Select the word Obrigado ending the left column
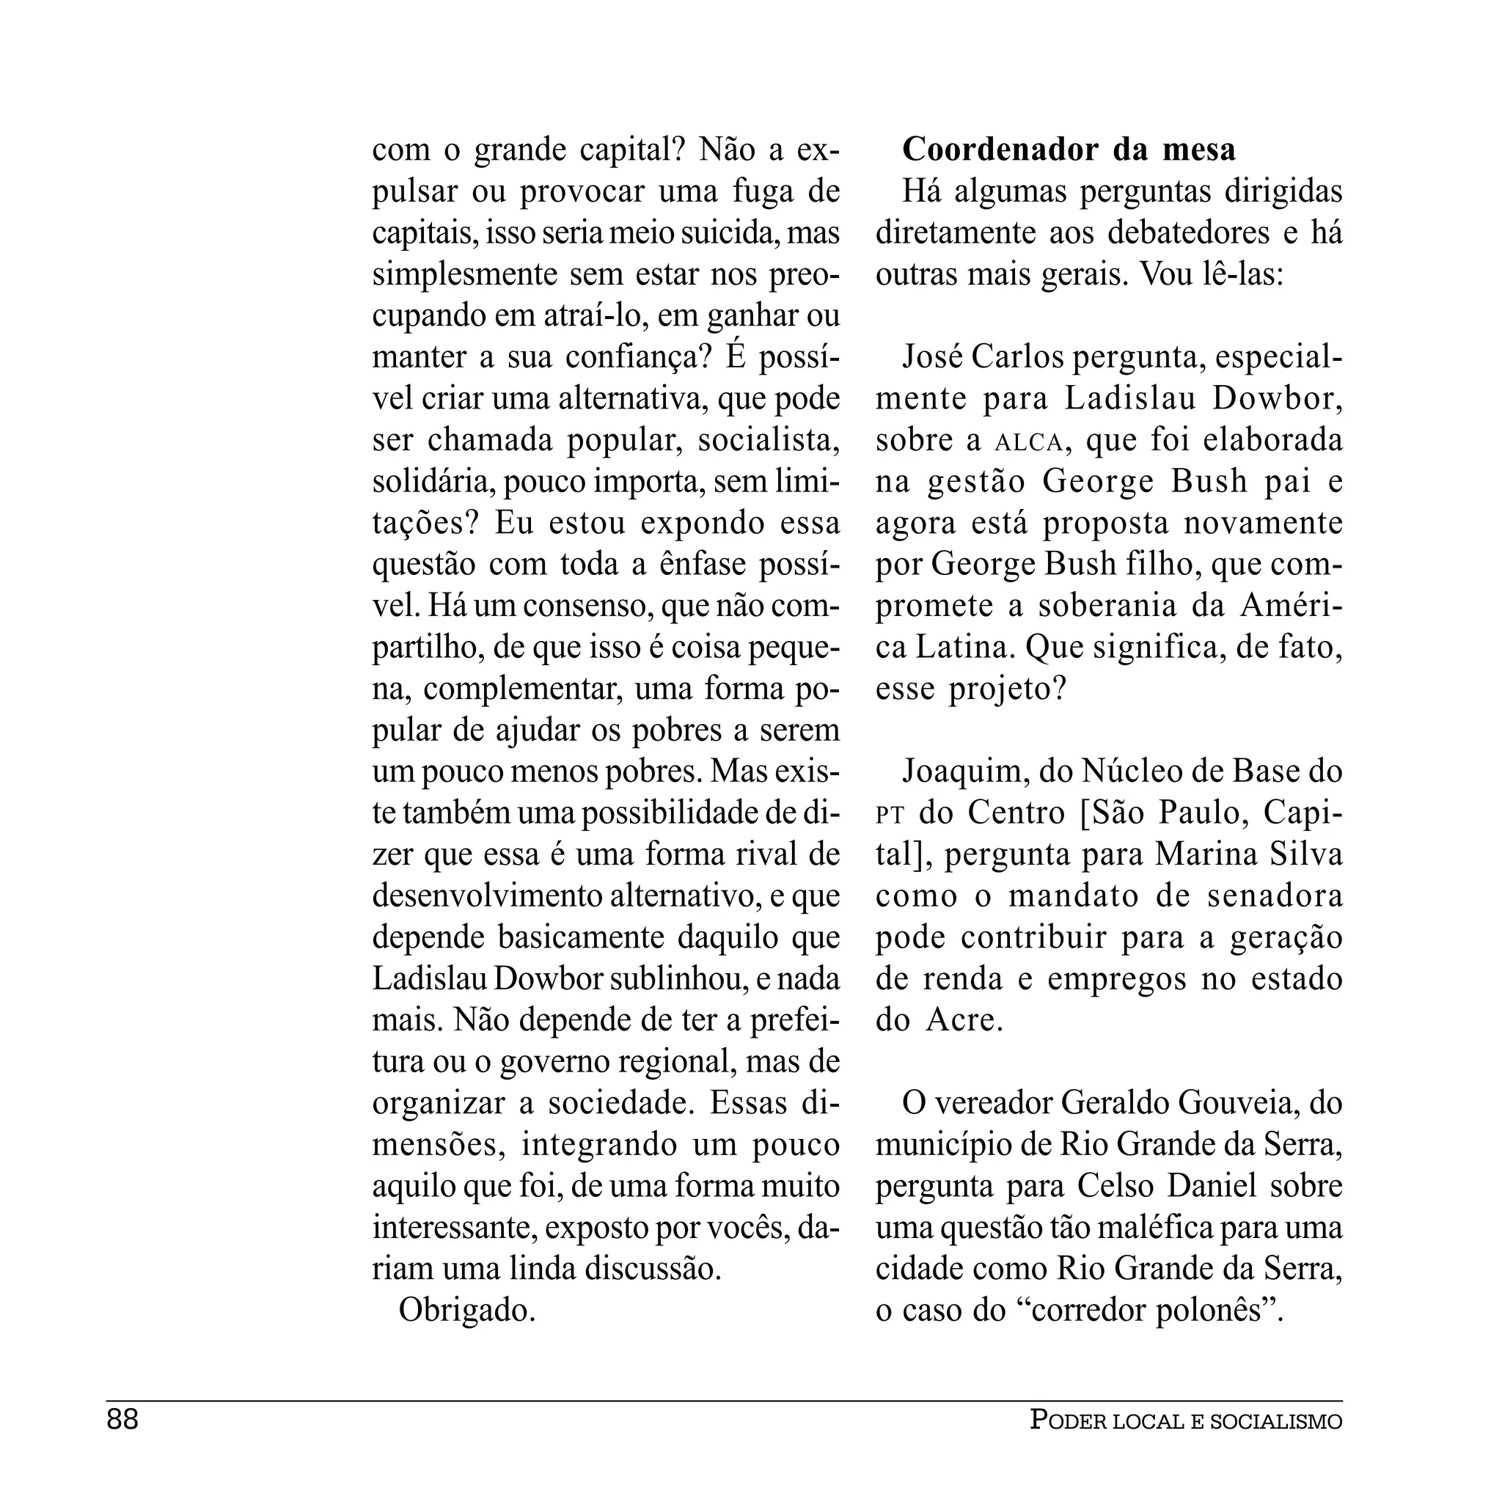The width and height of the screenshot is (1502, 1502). pos(466,1310)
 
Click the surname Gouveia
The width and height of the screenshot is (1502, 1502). pos(1238,1103)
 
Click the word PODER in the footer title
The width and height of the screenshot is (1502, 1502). pos(1067,1421)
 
